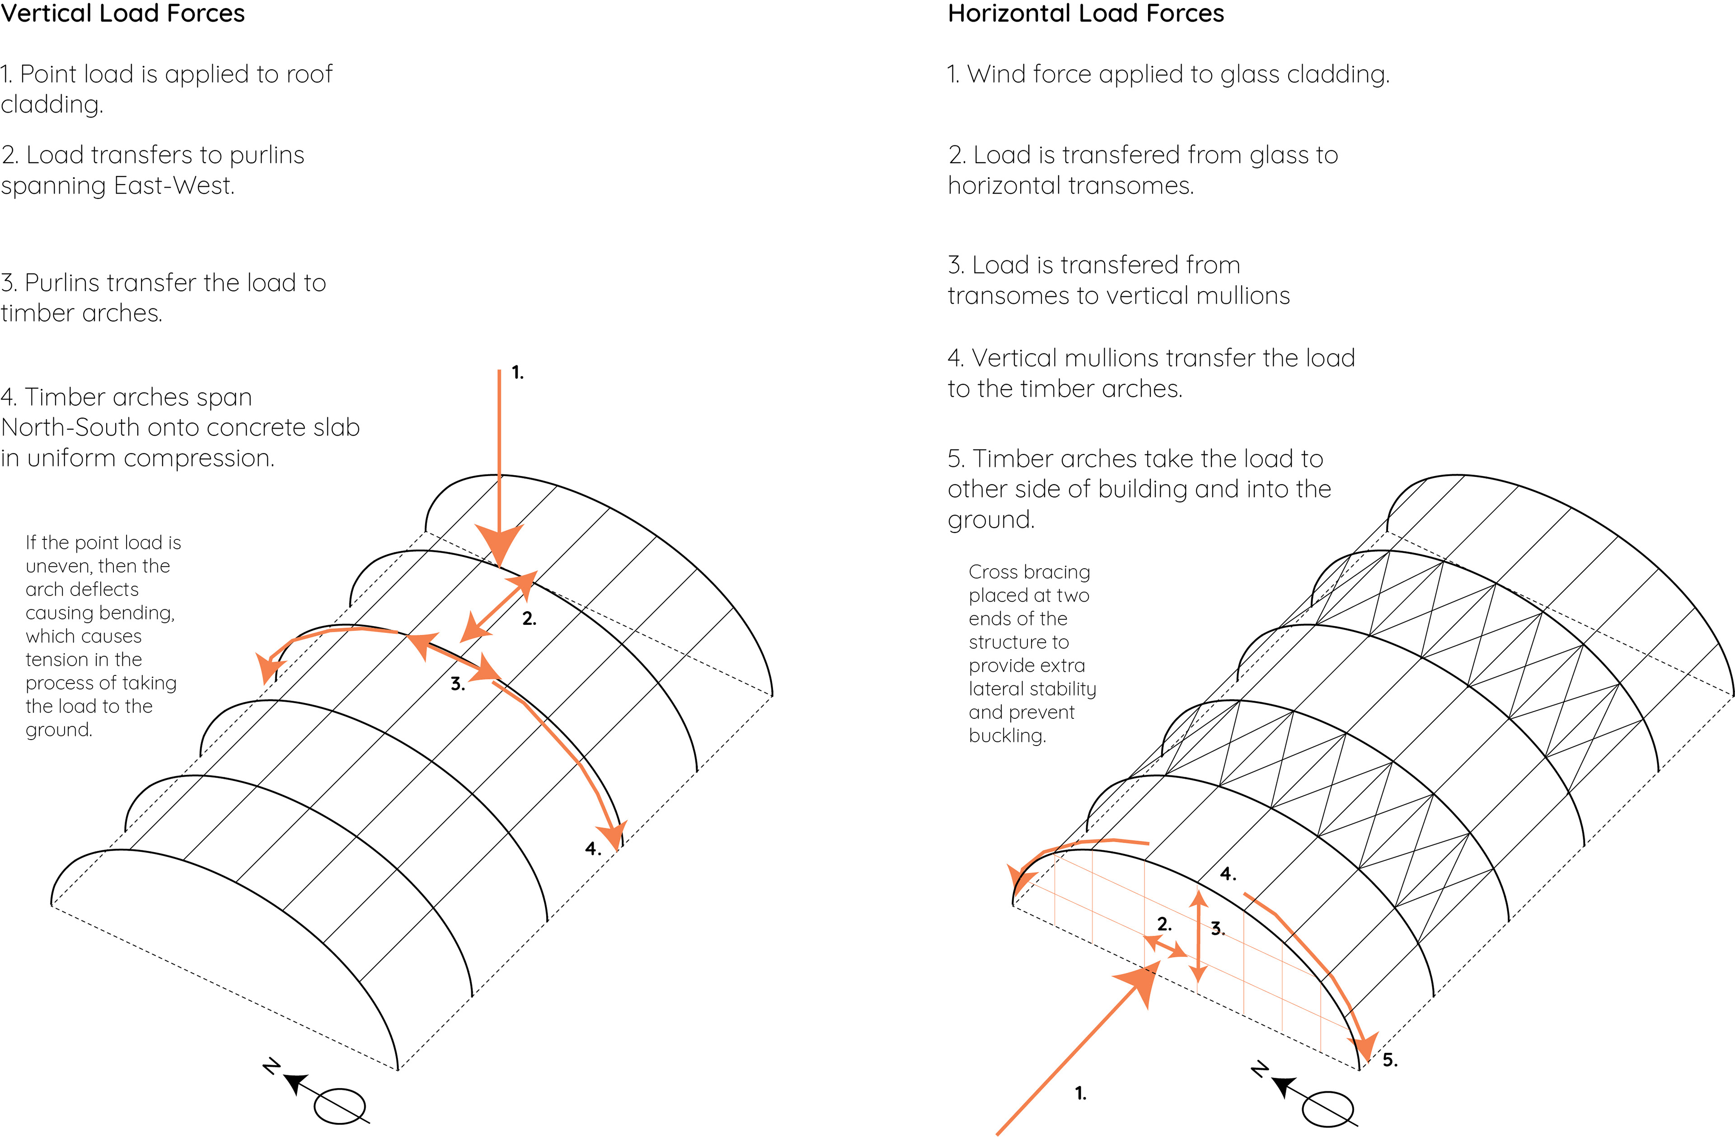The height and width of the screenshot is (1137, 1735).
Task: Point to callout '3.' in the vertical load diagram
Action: [457, 684]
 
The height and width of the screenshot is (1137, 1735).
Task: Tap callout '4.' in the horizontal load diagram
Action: [1228, 874]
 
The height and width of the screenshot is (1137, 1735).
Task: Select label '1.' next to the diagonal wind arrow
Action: [1080, 1093]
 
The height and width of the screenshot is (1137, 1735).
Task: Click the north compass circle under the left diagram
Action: [340, 1106]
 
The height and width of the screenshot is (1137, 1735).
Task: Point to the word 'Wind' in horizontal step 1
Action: [996, 75]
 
